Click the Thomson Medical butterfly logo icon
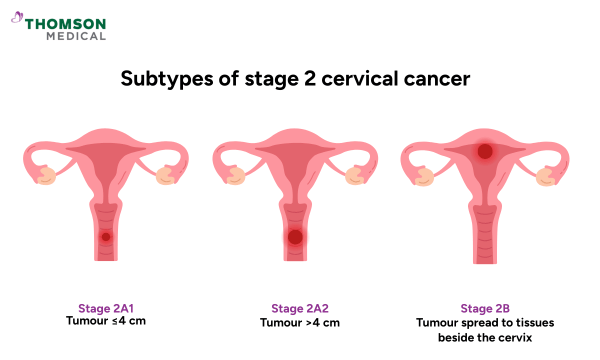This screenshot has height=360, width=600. coord(17,18)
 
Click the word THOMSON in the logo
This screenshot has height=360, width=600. coord(65,23)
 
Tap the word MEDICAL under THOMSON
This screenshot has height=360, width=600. coord(76,36)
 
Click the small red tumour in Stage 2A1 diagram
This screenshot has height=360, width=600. coord(105,237)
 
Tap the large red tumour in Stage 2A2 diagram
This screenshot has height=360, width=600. coord(295,237)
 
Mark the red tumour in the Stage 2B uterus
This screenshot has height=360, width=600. coord(485,150)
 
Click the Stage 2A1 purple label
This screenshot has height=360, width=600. coord(105,308)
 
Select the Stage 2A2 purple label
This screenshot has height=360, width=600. coord(300,308)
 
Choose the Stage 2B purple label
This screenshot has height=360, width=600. coord(485,308)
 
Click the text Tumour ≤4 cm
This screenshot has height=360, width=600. coord(105,320)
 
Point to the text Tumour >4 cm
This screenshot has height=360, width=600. coord(300,322)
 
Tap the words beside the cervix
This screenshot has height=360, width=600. coord(485,337)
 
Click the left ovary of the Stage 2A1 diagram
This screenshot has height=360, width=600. coord(48,175)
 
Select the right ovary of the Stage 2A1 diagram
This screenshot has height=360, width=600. coord(164,175)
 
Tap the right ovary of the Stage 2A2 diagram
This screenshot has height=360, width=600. coord(354,175)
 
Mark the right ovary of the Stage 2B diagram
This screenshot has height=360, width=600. coord(543,175)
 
